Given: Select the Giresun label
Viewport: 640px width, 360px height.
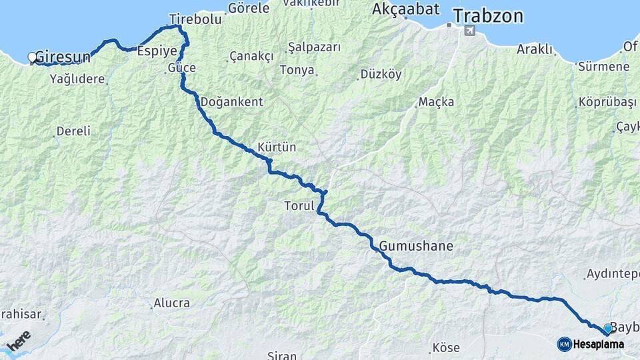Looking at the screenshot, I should [62, 57].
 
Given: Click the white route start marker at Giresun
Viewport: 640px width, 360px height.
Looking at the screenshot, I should [32, 57].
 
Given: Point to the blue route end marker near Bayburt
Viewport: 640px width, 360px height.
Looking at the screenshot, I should [607, 329].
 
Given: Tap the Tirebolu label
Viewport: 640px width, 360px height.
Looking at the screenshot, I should [195, 20].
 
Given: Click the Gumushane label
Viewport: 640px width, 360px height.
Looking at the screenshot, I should [416, 246].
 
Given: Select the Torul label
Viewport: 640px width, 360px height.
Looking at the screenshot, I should [299, 207].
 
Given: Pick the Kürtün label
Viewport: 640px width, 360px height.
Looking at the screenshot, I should [277, 147].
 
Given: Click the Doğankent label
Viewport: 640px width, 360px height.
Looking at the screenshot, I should [231, 102].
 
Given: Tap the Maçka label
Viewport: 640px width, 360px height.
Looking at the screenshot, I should [436, 102].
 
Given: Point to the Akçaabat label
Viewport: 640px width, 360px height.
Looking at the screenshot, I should [406, 9].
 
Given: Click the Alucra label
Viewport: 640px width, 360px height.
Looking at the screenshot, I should [171, 303].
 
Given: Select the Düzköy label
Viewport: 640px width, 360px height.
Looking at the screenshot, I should [381, 74].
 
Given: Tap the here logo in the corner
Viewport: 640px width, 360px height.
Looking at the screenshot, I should [19, 341].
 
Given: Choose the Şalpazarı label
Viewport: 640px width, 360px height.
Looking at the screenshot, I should [314, 47].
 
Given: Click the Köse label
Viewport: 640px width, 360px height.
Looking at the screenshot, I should [446, 347].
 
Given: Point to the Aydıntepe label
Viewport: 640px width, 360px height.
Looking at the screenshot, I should [612, 274].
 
